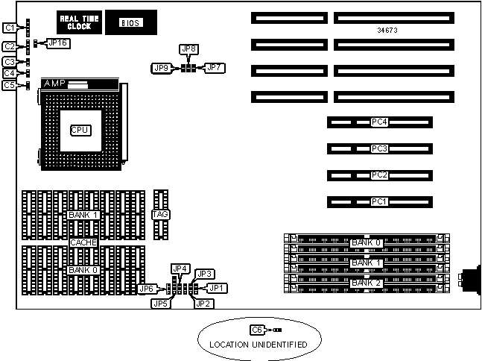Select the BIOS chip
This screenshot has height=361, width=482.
130,23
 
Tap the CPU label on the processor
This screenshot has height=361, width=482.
80,130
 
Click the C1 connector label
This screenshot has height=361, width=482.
10,28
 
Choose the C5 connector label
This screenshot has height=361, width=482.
10,86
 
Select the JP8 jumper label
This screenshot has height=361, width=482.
189,49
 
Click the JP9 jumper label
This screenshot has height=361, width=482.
160,68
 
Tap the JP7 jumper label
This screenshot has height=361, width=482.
215,68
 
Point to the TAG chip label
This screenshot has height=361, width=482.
160,215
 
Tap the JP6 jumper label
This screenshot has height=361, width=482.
146,289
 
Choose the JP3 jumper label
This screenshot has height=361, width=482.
205,274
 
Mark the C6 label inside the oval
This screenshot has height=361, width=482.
258,330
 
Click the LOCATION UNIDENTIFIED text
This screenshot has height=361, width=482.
258,344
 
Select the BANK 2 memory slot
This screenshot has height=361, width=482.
366,283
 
